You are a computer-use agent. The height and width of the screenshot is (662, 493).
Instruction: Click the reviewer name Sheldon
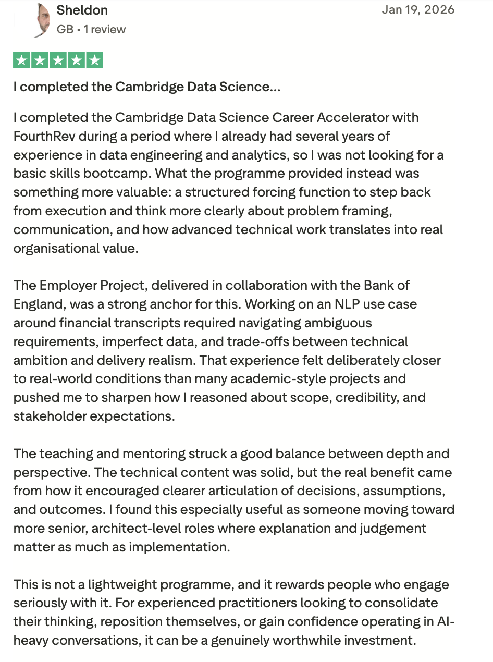coord(82,10)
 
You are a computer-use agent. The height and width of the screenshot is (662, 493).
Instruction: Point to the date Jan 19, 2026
coord(418,9)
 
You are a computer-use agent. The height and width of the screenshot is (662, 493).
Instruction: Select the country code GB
coord(65,30)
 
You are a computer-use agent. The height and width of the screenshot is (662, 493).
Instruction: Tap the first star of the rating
coord(22,60)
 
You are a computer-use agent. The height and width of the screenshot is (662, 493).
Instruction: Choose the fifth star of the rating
coord(94,60)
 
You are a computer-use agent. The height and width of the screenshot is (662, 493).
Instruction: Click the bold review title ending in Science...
coord(146,87)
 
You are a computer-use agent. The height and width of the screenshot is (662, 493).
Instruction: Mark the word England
coord(39,304)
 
